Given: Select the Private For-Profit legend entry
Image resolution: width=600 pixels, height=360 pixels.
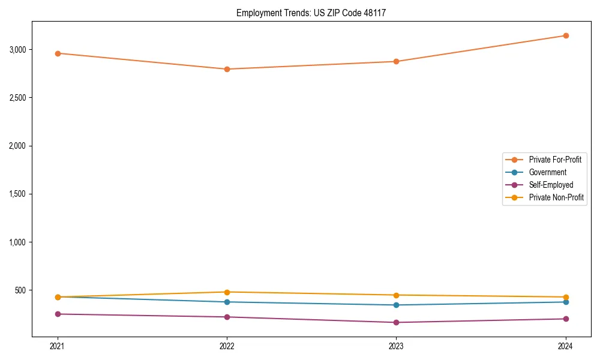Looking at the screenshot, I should [555, 160].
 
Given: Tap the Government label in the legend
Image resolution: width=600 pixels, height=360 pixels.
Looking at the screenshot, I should [547, 172].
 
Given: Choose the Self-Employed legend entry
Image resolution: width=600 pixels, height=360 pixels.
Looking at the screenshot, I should [551, 185].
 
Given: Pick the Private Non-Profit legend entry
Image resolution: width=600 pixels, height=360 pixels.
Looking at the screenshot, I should [556, 197].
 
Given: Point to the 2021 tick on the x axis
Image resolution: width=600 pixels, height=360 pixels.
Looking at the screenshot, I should [58, 346].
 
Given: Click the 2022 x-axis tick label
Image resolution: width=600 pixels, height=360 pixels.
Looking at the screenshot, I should [227, 346].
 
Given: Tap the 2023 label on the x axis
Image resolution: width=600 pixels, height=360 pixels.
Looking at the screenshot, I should [396, 346].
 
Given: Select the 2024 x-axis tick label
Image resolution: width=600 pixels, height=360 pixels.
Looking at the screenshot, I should [565, 346].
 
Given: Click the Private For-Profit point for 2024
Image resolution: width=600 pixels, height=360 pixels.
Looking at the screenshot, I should [565, 35].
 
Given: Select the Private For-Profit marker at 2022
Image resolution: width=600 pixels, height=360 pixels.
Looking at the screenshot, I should [227, 69].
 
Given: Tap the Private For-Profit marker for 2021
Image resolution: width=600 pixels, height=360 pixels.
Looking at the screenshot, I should [58, 53].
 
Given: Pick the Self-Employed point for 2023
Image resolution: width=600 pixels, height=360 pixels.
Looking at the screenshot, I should [396, 322].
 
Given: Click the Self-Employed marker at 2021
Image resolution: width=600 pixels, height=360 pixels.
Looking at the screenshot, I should [58, 314].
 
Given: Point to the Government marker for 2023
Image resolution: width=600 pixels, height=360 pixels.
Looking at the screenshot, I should [396, 305].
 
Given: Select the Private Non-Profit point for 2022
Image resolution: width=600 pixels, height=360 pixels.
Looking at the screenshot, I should [227, 292].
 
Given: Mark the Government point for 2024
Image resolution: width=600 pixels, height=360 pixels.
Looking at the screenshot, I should [565, 302].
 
